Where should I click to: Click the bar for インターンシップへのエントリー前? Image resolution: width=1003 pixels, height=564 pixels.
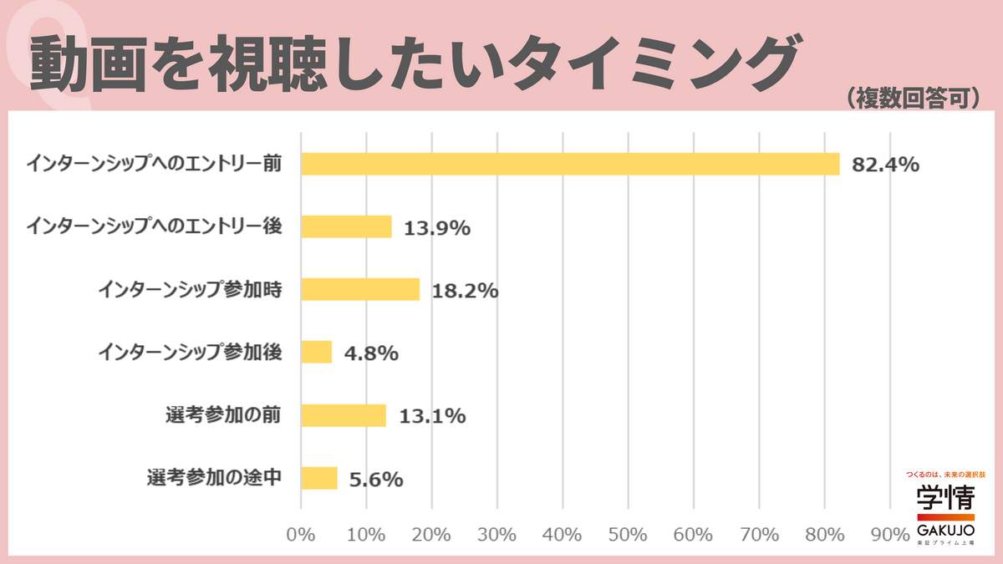click(569, 164)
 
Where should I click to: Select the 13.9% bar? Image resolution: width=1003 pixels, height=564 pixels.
click(346, 226)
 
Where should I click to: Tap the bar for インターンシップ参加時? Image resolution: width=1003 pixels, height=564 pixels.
click(359, 289)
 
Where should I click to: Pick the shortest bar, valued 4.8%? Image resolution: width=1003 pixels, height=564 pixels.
click(316, 352)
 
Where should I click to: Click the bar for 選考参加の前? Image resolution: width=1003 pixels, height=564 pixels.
click(343, 415)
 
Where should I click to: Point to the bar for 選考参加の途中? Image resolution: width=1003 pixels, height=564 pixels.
click(318, 478)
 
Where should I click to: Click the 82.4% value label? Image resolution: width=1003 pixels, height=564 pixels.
click(885, 165)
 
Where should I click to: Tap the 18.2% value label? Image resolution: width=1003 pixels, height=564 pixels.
click(465, 291)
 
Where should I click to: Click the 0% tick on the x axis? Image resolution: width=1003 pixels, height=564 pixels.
click(300, 534)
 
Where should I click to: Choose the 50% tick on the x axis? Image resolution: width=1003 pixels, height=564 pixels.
click(628, 534)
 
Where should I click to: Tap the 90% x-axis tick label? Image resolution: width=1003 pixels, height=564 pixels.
click(889, 534)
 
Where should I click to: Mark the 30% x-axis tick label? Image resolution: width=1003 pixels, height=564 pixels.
click(496, 534)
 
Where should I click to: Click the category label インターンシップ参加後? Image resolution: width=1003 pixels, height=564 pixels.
click(189, 352)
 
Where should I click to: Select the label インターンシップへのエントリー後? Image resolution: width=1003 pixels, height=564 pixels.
click(154, 226)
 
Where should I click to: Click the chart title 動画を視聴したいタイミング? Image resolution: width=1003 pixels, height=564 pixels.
click(410, 63)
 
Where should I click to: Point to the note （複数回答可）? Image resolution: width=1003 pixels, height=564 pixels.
click(912, 99)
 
